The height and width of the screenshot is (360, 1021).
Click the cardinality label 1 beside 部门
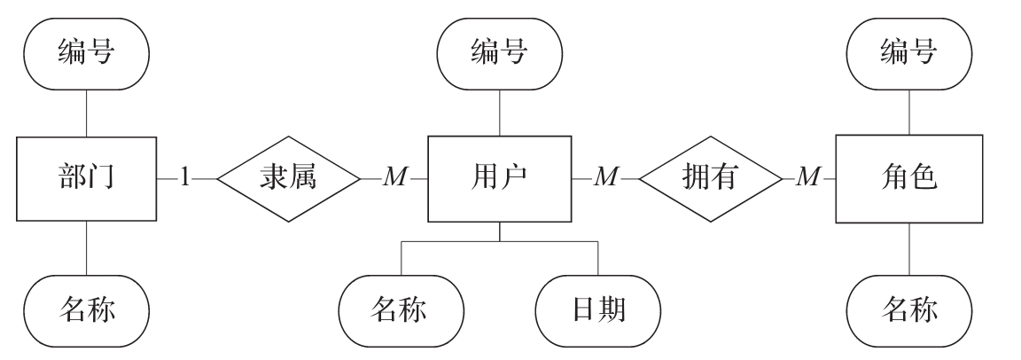[185, 177]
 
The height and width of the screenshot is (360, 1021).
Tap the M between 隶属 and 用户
[394, 177]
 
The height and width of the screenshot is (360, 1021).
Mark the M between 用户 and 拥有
[605, 177]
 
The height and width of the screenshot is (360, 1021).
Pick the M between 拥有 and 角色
[808, 177]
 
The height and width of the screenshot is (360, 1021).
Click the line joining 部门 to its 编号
[87, 113]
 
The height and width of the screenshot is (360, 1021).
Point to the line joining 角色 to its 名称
[909, 248]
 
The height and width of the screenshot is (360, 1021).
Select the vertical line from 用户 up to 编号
[500, 113]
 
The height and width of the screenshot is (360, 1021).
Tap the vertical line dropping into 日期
[597, 258]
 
